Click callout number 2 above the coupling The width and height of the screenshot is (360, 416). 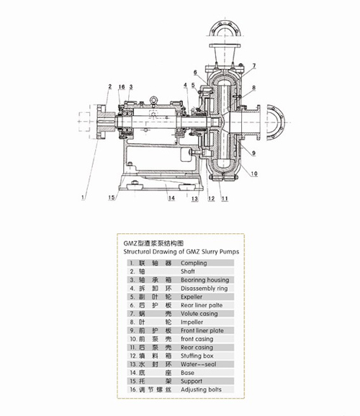pos(110,86)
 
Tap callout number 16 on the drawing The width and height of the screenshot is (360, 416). pos(122,87)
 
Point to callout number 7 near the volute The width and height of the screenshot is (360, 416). pos(254,65)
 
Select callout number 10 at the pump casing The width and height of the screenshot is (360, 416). pos(254,173)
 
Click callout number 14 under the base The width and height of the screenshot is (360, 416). pos(171,198)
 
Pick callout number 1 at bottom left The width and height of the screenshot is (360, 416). pos(83,197)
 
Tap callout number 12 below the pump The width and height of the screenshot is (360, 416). pos(212,199)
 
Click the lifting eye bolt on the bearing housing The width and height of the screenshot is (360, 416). pos(153,101)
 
